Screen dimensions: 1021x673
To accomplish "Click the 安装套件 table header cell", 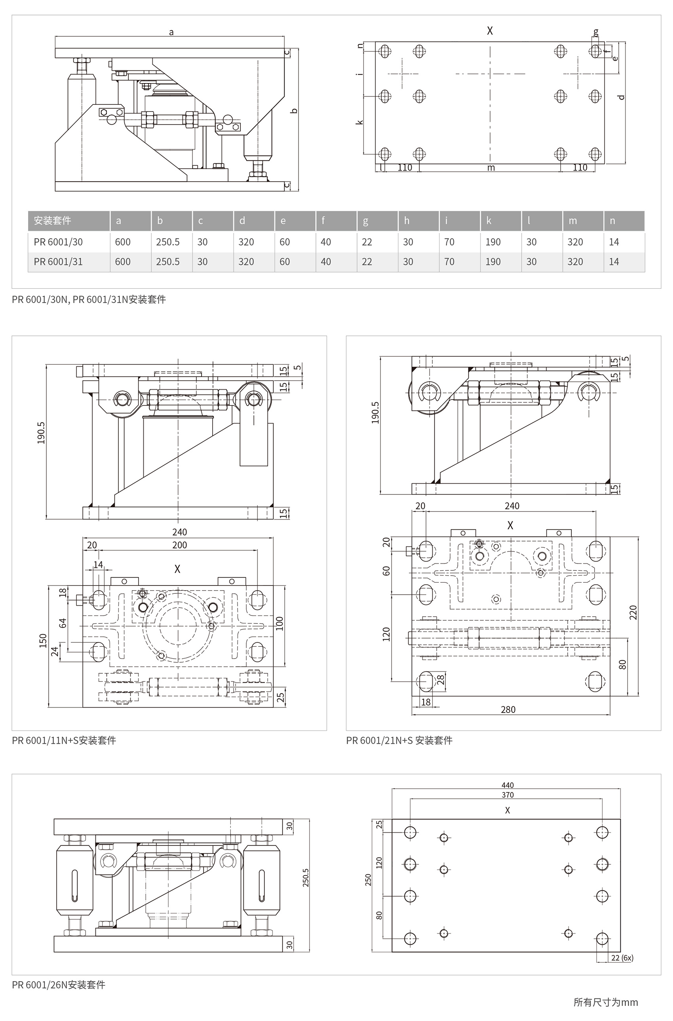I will coord(52,220).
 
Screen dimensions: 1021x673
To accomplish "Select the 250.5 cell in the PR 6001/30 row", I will coord(167,242).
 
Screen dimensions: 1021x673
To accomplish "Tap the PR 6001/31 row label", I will coord(58,262).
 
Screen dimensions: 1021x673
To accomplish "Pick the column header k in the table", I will coord(489,220).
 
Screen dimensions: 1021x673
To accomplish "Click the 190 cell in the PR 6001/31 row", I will coord(493,262).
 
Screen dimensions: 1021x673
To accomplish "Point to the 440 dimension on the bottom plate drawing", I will coord(508,785).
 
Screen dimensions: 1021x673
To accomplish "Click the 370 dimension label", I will coord(508,794).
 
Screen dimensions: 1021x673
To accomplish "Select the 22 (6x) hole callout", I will coord(622,958).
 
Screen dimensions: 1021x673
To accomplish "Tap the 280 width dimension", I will coord(508,710).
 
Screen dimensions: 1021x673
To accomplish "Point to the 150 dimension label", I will coord(43,640).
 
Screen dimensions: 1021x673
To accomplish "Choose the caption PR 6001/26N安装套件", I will coord(58,985).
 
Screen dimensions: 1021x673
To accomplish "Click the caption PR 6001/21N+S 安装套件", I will coord(399,740).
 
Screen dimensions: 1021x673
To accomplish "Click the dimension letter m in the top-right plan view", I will coord(491,168).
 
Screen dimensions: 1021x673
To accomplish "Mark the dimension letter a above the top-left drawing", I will coord(171,32).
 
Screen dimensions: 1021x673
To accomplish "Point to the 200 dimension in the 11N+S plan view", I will coord(179,545).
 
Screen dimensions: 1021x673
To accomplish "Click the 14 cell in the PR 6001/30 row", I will coord(614,242).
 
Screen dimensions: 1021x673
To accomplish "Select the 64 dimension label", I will coord(63,623).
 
